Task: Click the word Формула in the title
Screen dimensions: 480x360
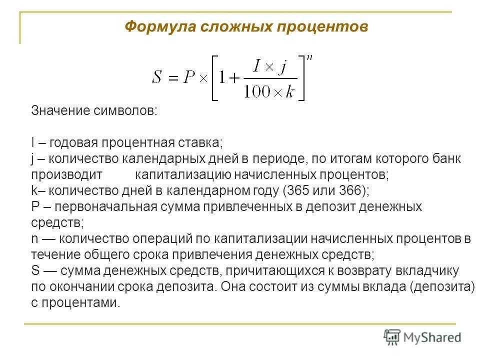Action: tap(160, 26)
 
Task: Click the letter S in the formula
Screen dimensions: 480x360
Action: tap(156, 76)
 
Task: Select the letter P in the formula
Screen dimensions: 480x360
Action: tap(189, 76)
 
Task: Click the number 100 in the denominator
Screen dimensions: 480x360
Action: tap(257, 91)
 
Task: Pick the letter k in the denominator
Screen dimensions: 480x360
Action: tap(290, 91)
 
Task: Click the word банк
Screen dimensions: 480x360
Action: tap(446, 158)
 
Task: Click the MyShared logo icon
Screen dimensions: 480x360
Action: tap(392, 337)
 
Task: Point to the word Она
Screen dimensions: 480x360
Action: tap(232, 287)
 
